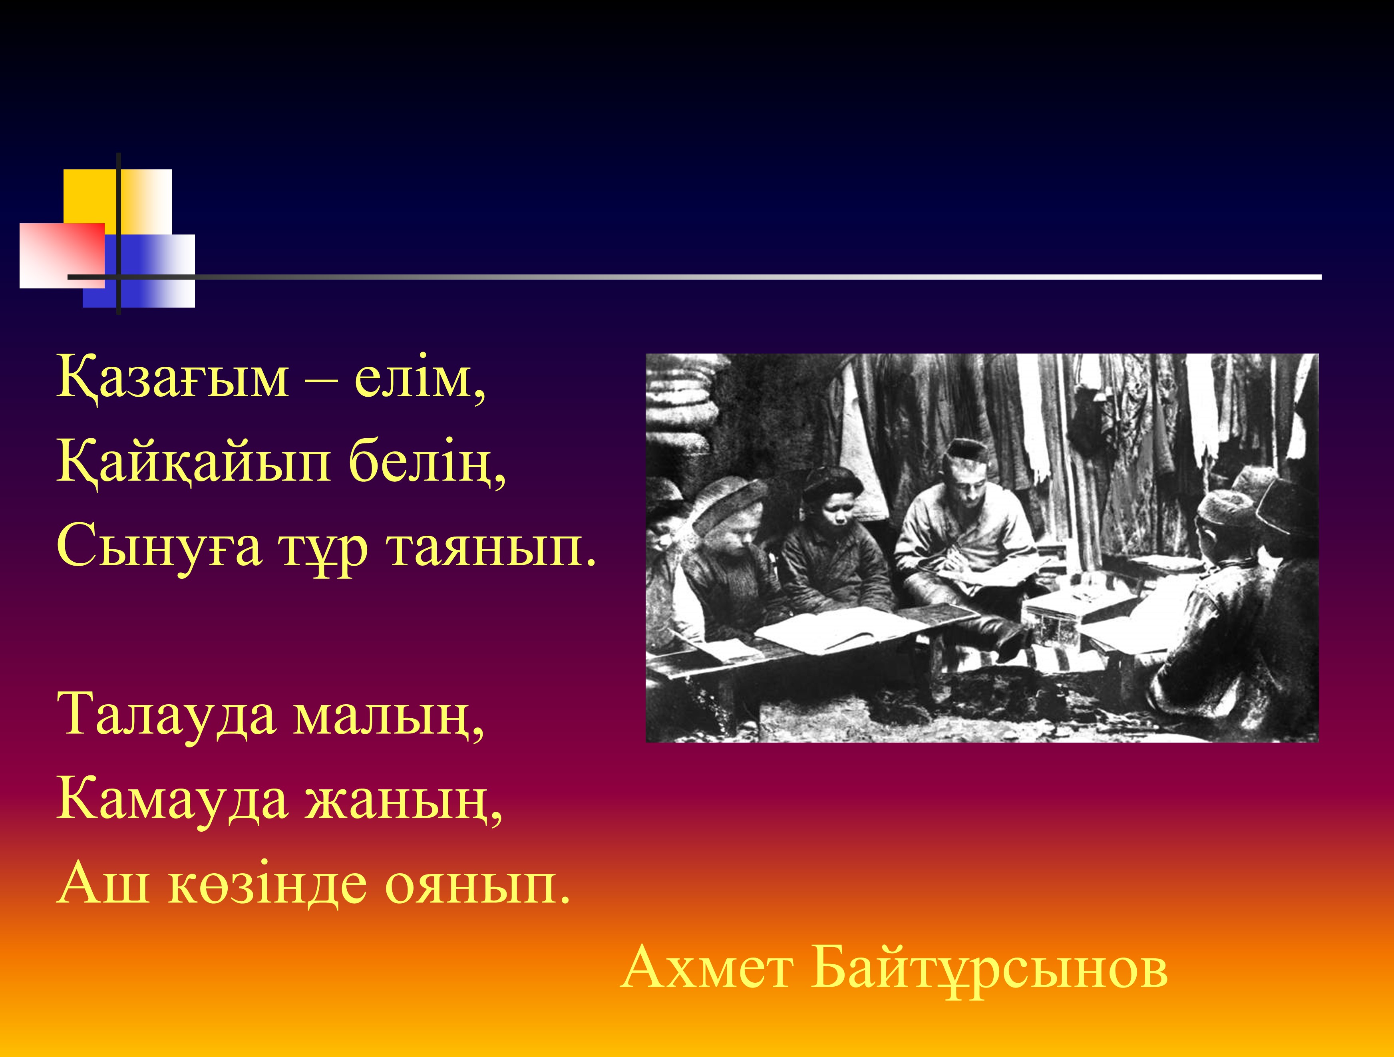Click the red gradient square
pos(62,255)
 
